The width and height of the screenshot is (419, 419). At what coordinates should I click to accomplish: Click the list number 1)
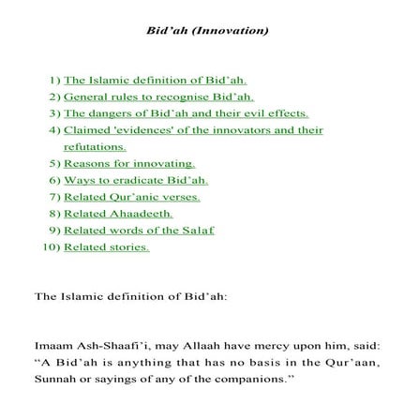(x=53, y=83)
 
